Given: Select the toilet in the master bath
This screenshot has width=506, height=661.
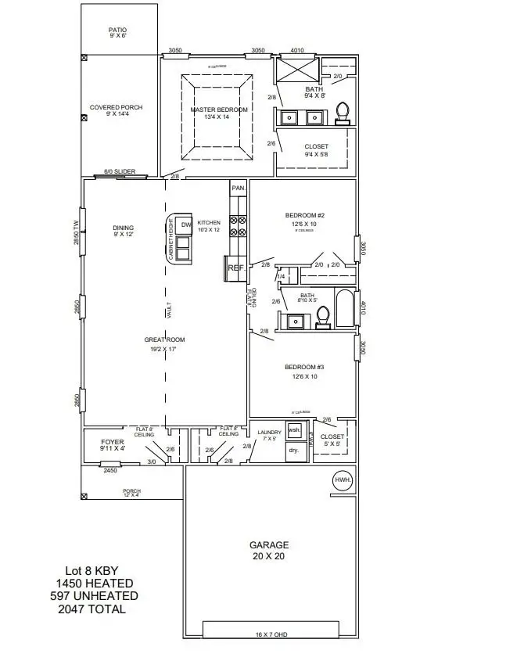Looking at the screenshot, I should click(x=342, y=113).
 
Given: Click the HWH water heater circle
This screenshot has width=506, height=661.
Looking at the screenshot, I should click(x=343, y=480).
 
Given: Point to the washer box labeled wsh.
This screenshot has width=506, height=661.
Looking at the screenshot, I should click(x=295, y=432).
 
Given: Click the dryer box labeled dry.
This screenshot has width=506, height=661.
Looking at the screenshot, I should click(x=294, y=451).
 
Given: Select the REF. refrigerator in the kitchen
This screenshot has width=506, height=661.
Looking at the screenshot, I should click(x=236, y=268).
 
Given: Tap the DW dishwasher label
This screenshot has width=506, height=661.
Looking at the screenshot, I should click(x=186, y=225).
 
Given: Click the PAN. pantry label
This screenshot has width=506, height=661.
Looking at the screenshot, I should click(x=238, y=189).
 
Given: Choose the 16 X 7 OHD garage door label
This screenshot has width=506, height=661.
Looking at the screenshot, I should click(x=270, y=634).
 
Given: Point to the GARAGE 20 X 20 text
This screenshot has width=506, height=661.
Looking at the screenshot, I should click(x=269, y=551).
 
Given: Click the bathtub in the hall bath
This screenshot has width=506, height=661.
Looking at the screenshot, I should click(x=345, y=307).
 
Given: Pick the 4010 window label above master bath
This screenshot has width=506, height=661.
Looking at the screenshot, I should click(x=297, y=50).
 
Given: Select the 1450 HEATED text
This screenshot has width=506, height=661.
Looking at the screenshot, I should click(x=94, y=584).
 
